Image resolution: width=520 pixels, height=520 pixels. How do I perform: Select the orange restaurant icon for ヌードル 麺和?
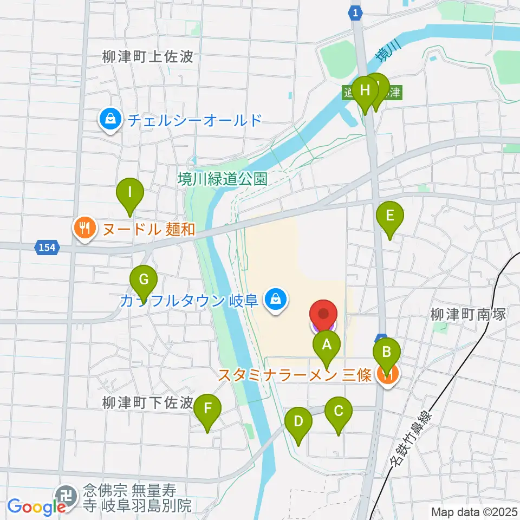(84, 228)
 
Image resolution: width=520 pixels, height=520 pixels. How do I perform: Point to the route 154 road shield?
(47, 248)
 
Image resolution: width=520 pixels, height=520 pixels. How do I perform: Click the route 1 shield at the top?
(355, 13)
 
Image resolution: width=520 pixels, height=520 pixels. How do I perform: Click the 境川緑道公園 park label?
(224, 179)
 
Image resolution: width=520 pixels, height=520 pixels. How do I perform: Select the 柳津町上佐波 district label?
(147, 56)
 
